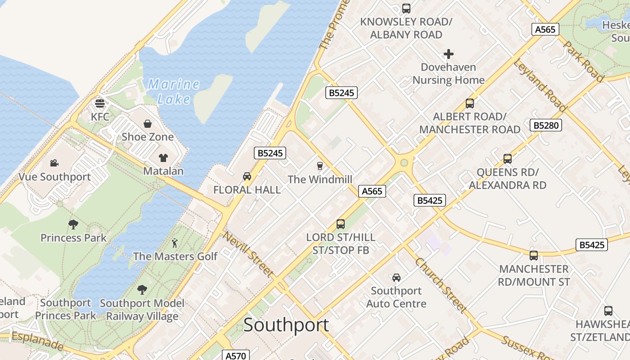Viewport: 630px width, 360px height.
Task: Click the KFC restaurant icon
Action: pos(100,103)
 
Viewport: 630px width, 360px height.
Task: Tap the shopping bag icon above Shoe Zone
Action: pos(148,124)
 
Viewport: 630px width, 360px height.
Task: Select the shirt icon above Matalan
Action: pos(163,157)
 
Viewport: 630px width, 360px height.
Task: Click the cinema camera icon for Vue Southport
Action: pos(54,163)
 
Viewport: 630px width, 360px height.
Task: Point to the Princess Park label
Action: pos(73,238)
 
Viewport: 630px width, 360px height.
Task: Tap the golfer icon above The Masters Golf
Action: pos(175,243)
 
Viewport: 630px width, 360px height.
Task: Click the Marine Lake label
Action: pos(174,91)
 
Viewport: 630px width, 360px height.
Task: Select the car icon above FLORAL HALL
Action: pos(247,176)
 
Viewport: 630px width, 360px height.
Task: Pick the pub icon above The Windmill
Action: pos(319,166)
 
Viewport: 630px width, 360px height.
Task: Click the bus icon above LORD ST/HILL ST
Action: pos(341,224)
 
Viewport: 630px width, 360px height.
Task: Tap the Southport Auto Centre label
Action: pos(396,297)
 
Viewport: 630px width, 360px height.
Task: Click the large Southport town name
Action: pos(286,325)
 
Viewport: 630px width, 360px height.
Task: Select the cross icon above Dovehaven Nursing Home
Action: pos(449,54)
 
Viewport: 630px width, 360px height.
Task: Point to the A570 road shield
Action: pos(236,355)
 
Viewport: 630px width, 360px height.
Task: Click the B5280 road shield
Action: pos(546,125)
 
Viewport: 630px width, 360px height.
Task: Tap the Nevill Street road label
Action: pos(248,254)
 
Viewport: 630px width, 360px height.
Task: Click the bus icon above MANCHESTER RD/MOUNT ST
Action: pos(534,256)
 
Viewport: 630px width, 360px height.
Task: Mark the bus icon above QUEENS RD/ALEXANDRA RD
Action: pos(508,159)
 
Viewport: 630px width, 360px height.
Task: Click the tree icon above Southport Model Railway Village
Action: pos(142,289)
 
